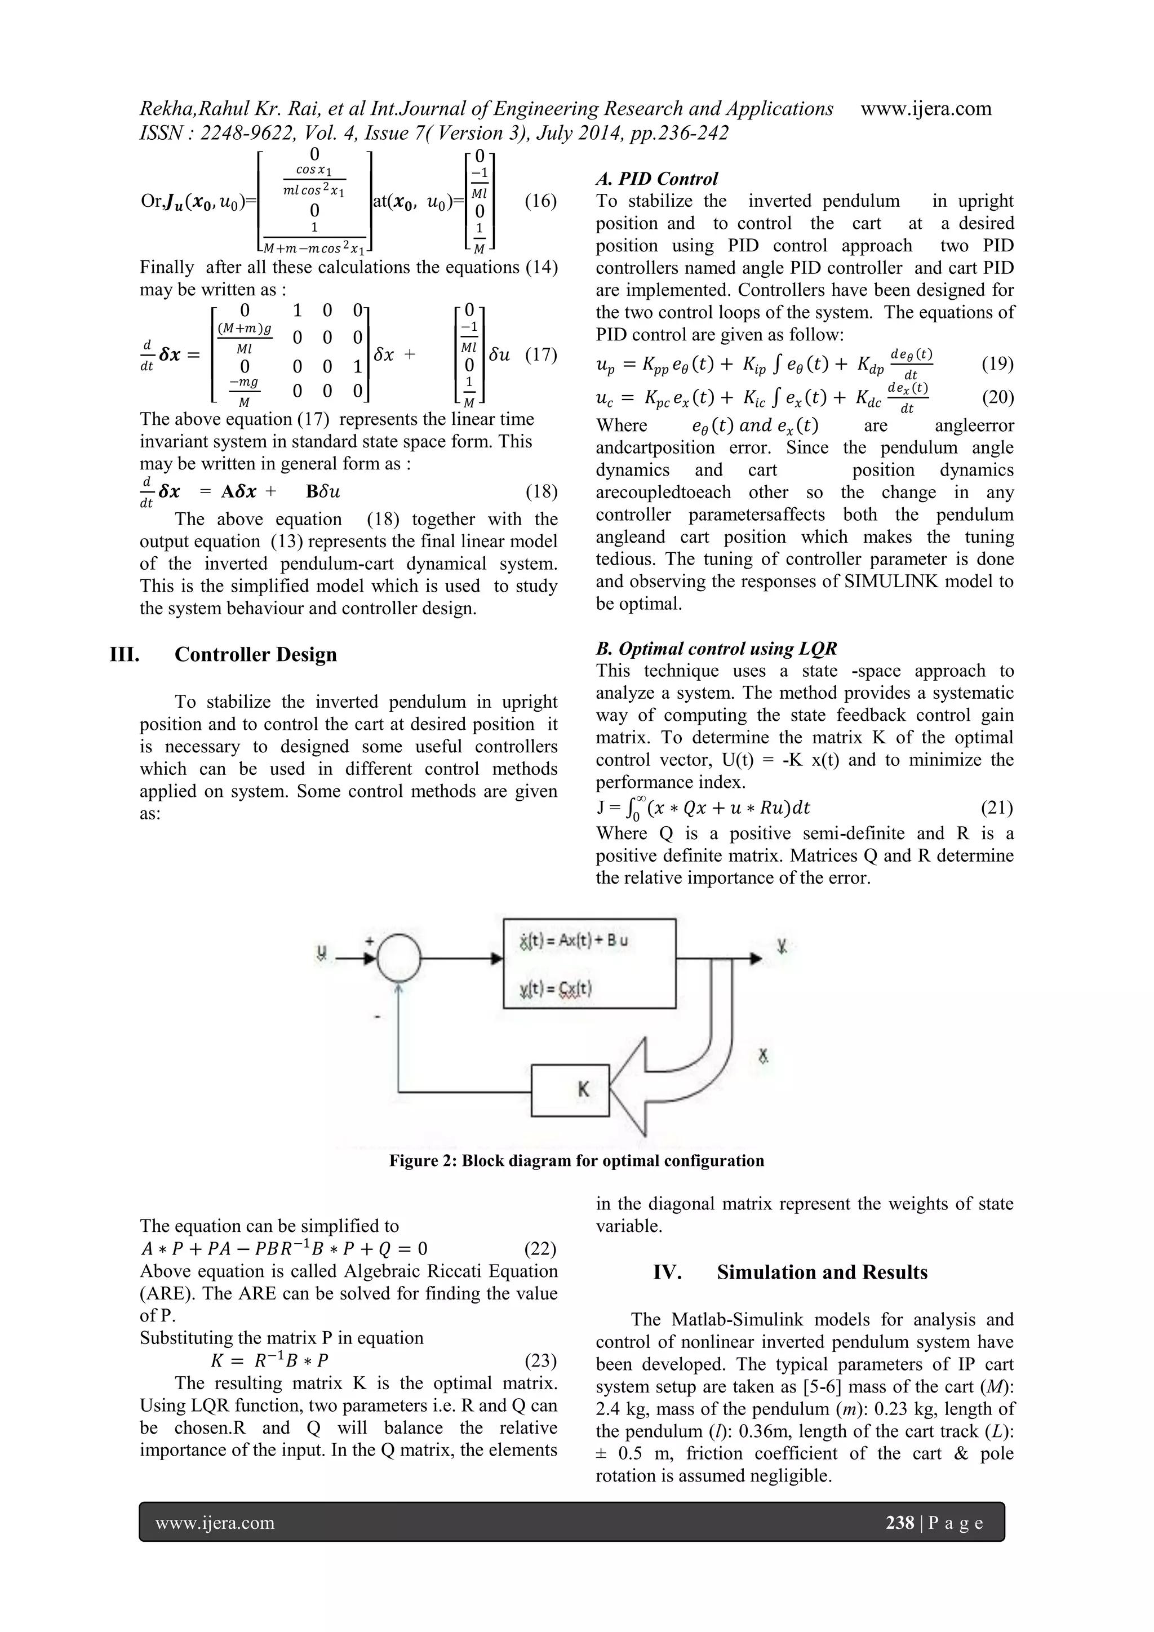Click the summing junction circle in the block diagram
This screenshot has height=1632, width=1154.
click(x=398, y=959)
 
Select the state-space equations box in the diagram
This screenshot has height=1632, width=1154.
click(x=589, y=963)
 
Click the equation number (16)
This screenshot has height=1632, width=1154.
click(x=541, y=201)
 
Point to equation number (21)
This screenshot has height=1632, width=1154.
click(x=997, y=808)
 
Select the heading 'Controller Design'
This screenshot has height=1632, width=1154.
click(x=256, y=655)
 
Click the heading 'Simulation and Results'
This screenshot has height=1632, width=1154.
click(x=822, y=1272)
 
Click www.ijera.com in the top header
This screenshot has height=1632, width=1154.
click(x=926, y=109)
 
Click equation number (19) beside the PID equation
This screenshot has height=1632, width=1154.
click(x=997, y=364)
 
